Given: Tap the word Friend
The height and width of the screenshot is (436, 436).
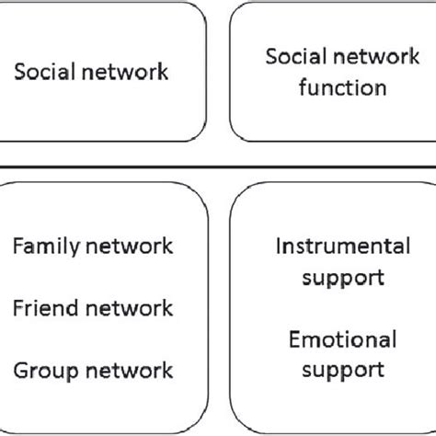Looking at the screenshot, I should coord(45,308).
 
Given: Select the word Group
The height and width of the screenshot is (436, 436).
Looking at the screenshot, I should coord(44,370).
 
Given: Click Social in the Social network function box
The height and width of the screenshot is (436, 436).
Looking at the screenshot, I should coord(292,59).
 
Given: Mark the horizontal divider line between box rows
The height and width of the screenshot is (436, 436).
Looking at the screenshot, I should coord(218,166).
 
